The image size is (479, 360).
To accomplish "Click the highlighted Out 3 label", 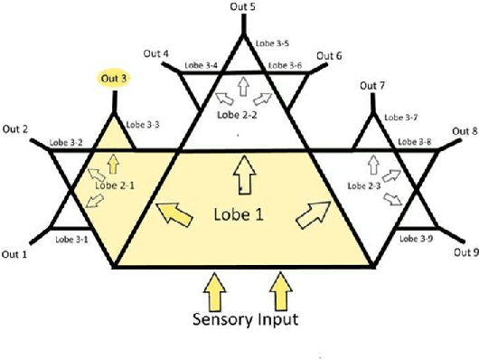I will click(114, 79).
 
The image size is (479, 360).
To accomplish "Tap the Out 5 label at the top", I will click(240, 6).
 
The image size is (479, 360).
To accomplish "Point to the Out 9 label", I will click(462, 253).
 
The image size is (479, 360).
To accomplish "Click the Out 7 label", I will click(372, 86).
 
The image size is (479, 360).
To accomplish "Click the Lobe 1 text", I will click(241, 216).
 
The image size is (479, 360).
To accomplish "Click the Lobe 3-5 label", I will click(271, 43).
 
